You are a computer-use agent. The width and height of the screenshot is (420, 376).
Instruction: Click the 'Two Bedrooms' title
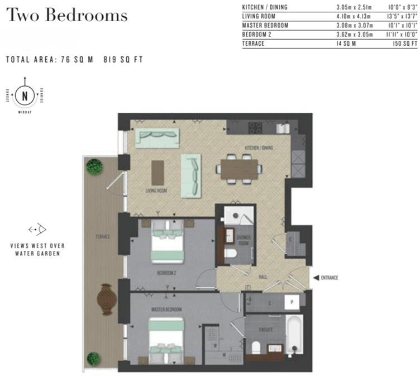click(x=66, y=15)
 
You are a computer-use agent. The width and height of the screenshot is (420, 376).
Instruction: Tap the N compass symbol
click(x=25, y=96)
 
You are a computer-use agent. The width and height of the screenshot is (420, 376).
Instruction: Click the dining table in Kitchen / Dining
click(x=240, y=169)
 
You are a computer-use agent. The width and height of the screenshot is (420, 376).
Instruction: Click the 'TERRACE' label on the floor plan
click(x=102, y=237)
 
